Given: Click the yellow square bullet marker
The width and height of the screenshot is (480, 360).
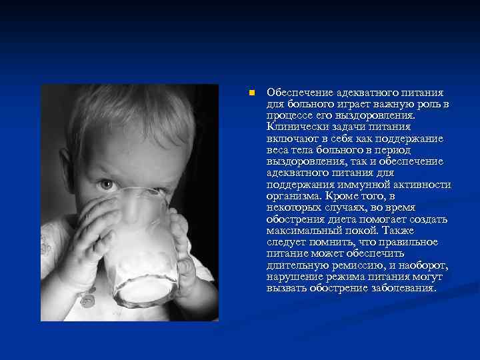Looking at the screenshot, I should pyautogui.click(x=247, y=92).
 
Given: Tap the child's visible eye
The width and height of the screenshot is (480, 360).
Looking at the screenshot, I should pyautogui.click(x=105, y=183).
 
